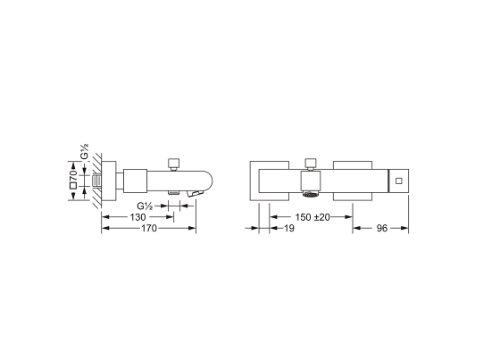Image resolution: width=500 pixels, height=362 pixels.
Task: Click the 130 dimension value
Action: pyautogui.click(x=137, y=217)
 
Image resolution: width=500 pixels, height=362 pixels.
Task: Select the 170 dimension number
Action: pyautogui.click(x=149, y=228)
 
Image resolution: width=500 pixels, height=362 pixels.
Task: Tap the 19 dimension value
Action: pyautogui.click(x=289, y=228)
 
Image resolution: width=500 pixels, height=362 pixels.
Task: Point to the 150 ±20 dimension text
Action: pyautogui.click(x=312, y=217)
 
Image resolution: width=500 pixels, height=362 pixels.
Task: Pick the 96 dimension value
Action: pyautogui.click(x=382, y=228)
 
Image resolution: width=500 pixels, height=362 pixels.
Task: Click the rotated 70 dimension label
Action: pyautogui.click(x=73, y=175)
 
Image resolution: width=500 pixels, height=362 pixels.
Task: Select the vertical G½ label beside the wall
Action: pyautogui.click(x=85, y=151)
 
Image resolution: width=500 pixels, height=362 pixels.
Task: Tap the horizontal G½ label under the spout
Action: pyautogui.click(x=145, y=206)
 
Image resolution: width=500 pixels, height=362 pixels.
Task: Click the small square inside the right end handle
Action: pyautogui.click(x=398, y=181)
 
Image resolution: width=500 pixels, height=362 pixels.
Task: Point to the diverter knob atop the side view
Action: pyautogui.click(x=174, y=164)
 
